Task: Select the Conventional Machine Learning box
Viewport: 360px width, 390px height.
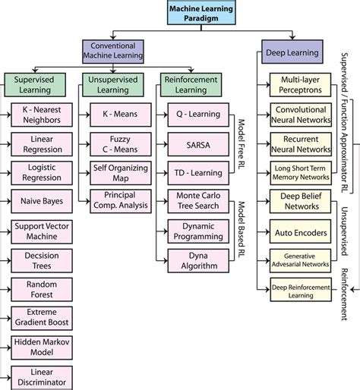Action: point(112,51)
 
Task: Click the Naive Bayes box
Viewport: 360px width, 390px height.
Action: point(41,202)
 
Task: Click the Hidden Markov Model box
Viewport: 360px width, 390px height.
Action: point(41,347)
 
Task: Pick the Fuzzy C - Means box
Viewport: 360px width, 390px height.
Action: point(118,144)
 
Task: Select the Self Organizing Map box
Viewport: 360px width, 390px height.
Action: point(118,173)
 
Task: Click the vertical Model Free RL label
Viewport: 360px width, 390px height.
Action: point(237,137)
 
